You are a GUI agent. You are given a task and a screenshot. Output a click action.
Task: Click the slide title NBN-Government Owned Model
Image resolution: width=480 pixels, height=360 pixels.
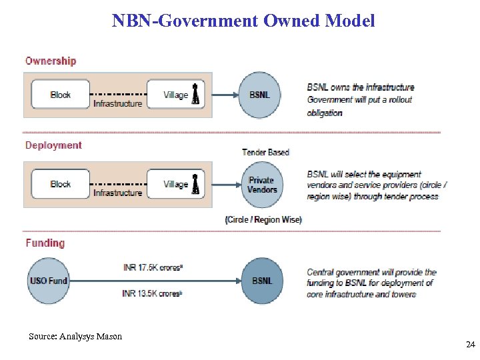pyautogui.click(x=243, y=21)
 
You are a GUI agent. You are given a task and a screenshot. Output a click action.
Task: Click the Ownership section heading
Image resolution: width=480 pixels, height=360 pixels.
pyautogui.click(x=51, y=61)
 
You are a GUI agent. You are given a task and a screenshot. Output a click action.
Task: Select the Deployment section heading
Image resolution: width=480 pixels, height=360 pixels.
pyautogui.click(x=53, y=145)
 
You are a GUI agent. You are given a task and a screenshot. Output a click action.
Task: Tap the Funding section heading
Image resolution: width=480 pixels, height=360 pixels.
pyautogui.click(x=45, y=243)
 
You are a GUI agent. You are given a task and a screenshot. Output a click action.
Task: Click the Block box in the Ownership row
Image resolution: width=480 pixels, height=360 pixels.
pyautogui.click(x=60, y=95)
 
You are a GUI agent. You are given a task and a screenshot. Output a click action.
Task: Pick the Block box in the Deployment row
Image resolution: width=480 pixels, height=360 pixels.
pyautogui.click(x=60, y=184)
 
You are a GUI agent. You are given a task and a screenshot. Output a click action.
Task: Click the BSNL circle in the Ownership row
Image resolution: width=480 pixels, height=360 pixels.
pyautogui.click(x=260, y=95)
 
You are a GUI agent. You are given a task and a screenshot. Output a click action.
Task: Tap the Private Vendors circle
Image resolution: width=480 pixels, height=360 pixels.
pyautogui.click(x=261, y=185)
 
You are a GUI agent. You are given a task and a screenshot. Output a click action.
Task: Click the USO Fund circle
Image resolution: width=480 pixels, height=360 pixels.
pyautogui.click(x=48, y=281)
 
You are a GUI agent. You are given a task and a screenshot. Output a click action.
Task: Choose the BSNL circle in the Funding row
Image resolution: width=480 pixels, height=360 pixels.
pyautogui.click(x=262, y=281)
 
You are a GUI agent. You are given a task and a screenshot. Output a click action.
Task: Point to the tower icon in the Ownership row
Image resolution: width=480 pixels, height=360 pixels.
pyautogui.click(x=195, y=94)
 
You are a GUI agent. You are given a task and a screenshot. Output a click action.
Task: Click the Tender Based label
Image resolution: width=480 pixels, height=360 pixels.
pyautogui.click(x=265, y=153)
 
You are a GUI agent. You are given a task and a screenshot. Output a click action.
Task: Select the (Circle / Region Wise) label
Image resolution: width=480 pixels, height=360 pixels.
pyautogui.click(x=263, y=220)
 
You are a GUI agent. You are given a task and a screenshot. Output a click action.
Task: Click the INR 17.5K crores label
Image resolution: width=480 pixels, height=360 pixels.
pyautogui.click(x=153, y=268)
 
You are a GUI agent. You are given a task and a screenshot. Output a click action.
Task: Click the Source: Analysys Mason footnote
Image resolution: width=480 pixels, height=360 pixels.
pyautogui.click(x=75, y=337)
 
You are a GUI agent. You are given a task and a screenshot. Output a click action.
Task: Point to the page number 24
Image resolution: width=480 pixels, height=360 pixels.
pyautogui.click(x=470, y=345)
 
